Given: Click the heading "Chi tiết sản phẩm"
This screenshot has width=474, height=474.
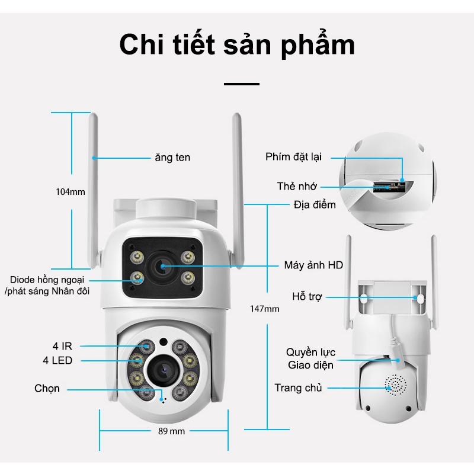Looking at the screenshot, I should pos(237,46).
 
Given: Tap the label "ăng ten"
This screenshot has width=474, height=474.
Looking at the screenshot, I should pos(172,158).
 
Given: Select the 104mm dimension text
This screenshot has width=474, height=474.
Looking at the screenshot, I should pos(71,191).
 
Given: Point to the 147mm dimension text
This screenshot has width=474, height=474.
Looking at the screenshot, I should pos(264,309).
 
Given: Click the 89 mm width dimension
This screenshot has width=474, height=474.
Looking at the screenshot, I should pos(171,431).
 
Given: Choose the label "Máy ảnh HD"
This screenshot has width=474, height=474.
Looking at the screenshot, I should pos(313,265).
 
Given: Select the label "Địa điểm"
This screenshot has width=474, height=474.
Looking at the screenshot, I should pos(315,205).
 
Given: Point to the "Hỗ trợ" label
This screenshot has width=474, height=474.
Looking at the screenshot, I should pos(307,297).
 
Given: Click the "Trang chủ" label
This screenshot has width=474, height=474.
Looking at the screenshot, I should pos(298,388).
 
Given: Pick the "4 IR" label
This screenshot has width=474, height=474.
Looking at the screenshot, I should pos(58,345).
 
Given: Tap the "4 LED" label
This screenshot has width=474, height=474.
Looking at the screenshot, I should pos(58,360).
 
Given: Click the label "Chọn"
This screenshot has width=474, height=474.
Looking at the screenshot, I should pos(47,389).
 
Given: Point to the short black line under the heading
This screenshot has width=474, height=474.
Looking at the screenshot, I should pos(241,84).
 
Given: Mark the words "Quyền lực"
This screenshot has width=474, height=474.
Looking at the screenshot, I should pos(310,353).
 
